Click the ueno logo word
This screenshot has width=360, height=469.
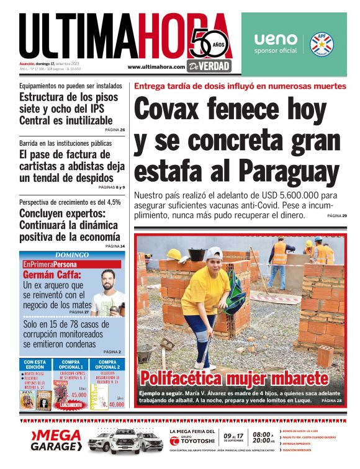coord(276,40)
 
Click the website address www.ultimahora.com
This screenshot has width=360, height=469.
coord(156,67)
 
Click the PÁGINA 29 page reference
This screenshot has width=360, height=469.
coord(336,215)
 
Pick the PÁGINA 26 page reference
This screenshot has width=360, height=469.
coord(114,130)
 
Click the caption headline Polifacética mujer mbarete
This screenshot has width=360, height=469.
coord(233,378)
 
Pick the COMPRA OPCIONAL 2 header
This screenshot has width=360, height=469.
coord(106,364)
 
